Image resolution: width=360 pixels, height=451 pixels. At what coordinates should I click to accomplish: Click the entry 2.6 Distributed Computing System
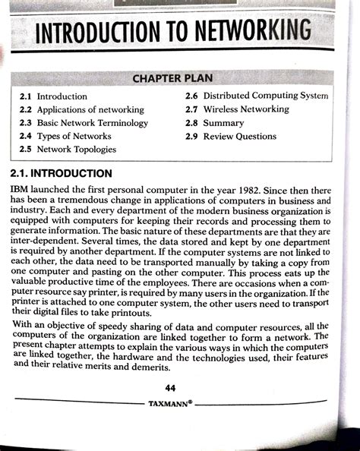coord(257,96)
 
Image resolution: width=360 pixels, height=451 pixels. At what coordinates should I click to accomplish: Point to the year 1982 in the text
coord(254,188)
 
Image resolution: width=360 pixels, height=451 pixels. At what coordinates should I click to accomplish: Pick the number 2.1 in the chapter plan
coord(26,97)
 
